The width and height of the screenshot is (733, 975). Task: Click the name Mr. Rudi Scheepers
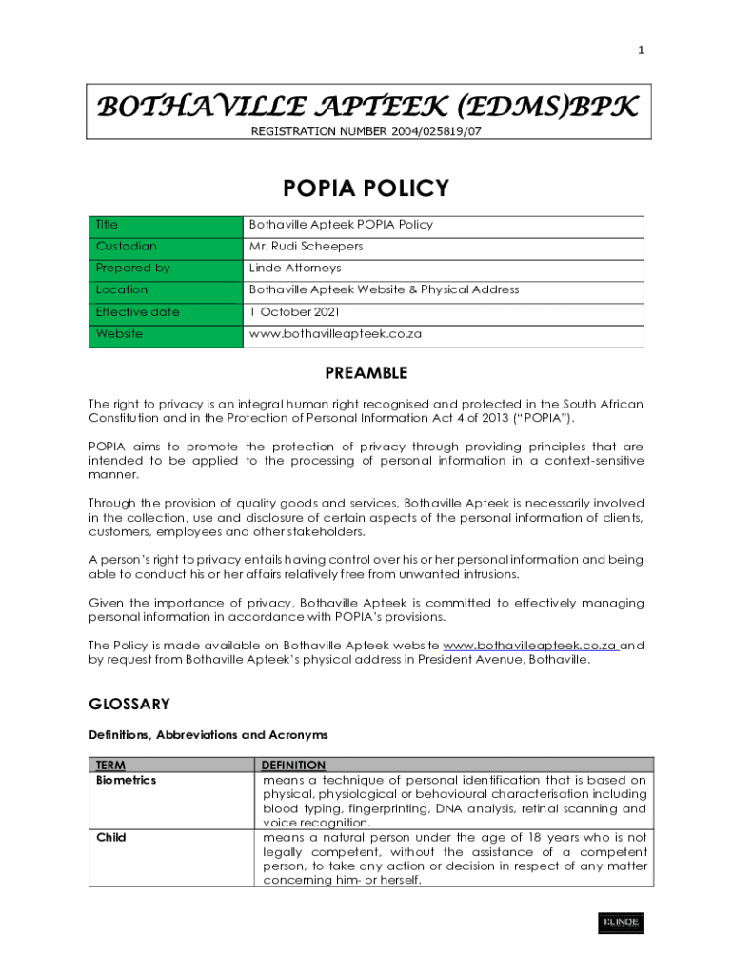[x=306, y=247]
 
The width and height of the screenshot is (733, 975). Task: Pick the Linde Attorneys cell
[x=294, y=269]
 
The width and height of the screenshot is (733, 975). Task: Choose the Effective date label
[x=137, y=312]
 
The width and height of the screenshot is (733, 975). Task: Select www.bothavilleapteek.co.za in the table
[x=335, y=334]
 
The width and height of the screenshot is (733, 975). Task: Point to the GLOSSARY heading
[x=129, y=705]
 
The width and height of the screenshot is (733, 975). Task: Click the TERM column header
[x=111, y=766]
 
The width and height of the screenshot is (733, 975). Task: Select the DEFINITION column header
[x=293, y=766]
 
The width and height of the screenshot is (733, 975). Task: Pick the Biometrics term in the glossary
[x=126, y=780]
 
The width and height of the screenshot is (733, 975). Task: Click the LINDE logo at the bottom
[x=620, y=923]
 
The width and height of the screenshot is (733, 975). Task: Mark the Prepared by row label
[x=132, y=269]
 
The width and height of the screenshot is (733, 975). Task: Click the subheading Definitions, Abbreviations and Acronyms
[x=208, y=735]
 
